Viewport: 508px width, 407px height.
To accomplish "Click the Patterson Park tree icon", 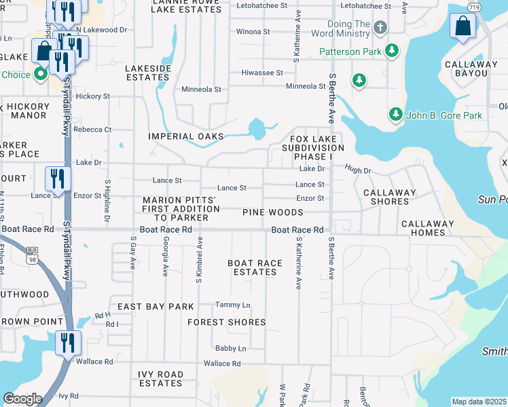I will pos(392,51).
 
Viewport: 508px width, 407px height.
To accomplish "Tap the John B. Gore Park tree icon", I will pos(396,115).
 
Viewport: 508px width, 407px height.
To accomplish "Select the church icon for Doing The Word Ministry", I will pos(380,28).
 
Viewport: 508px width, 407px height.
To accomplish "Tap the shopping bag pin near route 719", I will pos(462,26).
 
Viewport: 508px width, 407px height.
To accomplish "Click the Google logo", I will pos(22,399).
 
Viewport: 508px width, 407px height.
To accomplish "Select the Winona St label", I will pos(253,32).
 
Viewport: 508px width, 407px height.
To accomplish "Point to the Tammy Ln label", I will pos(232,305).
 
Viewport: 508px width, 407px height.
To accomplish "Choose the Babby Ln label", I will pos(230,349).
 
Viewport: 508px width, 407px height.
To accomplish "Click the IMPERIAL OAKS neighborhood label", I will pos(186,136).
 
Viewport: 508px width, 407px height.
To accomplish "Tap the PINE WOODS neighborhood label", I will pos(273,212).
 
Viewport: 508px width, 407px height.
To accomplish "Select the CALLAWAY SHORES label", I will pos(389,197).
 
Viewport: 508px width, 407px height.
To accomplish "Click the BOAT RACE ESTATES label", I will pos(252,267).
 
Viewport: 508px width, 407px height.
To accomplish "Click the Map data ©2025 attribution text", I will pos(479,402).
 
